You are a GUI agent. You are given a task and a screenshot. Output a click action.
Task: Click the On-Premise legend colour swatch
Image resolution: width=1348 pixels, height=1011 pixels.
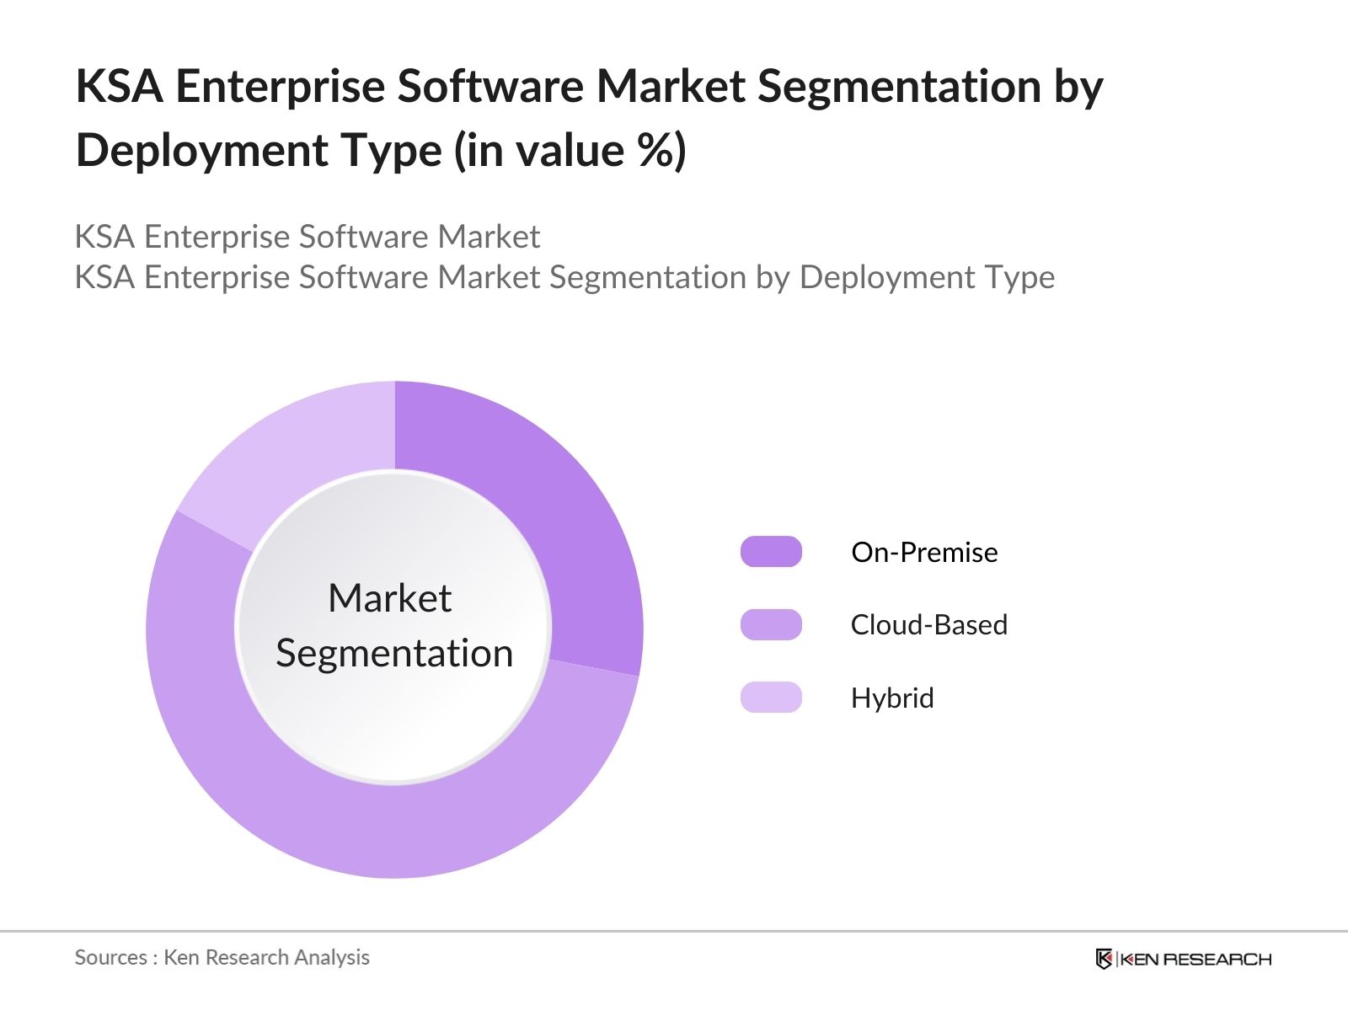[x=771, y=552]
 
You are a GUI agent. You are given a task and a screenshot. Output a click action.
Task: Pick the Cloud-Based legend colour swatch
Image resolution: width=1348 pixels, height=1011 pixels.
[x=771, y=625]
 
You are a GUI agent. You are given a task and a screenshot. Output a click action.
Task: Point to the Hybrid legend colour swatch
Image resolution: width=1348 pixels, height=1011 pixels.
[x=771, y=698]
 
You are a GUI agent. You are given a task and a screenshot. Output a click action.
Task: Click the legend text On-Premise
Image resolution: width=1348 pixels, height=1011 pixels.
[x=924, y=552]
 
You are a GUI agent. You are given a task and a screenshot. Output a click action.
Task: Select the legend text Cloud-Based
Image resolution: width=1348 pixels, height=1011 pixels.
[x=928, y=625]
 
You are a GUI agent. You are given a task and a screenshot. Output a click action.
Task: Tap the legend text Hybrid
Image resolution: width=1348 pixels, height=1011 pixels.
[x=892, y=698]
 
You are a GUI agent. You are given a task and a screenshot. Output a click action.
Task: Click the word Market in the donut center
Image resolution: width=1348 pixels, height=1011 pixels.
[x=389, y=598]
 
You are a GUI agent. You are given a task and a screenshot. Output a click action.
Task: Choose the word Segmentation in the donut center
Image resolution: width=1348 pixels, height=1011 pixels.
[x=394, y=653]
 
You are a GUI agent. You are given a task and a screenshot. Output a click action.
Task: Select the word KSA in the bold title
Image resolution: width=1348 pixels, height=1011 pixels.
[x=119, y=87]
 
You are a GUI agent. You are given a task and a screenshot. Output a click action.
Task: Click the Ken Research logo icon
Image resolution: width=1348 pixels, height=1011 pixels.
[x=1104, y=959]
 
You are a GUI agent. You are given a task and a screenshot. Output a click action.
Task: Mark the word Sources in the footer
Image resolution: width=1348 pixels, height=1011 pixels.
[x=110, y=957]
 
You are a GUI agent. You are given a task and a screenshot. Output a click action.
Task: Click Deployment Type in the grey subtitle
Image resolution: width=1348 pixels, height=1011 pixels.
[x=927, y=277]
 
